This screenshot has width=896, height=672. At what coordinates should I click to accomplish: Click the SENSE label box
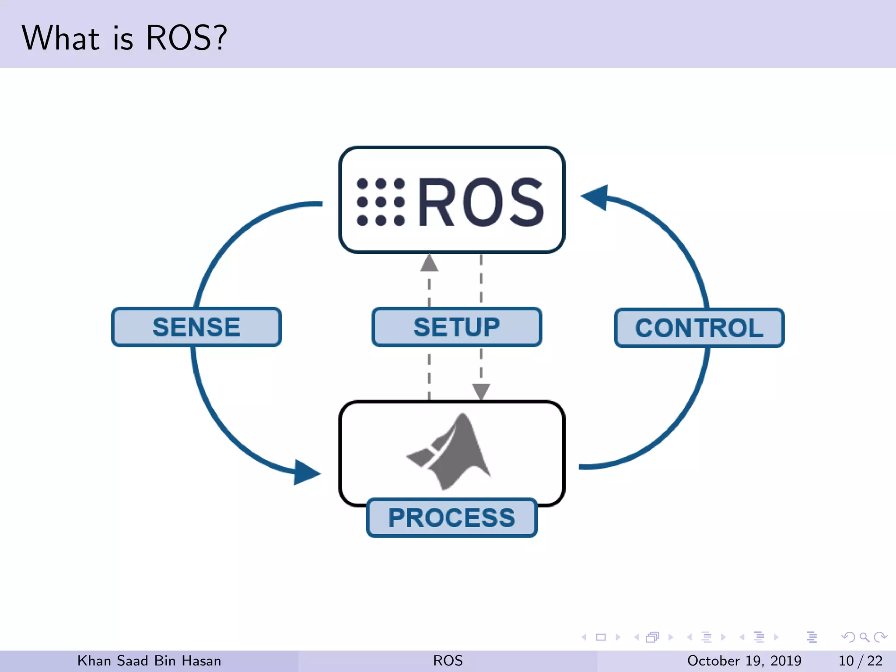(196, 327)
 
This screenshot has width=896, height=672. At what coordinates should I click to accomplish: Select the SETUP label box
(457, 327)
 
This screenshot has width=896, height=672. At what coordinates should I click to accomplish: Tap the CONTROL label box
(699, 328)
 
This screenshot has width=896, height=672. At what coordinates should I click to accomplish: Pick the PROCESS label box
(451, 518)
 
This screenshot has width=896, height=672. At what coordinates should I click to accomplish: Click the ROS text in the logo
(481, 202)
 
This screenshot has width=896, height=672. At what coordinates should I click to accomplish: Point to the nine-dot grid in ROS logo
(380, 202)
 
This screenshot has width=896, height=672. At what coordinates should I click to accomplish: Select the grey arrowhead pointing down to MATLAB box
(481, 391)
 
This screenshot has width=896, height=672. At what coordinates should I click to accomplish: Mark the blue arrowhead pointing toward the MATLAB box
(306, 472)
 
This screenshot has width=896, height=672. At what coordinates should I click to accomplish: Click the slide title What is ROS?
(124, 38)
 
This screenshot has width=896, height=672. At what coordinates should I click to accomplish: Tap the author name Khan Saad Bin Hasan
(149, 661)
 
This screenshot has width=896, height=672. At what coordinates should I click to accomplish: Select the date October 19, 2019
(744, 661)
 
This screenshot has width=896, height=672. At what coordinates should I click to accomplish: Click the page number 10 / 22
(860, 661)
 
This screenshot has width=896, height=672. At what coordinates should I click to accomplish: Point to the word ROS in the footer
(448, 661)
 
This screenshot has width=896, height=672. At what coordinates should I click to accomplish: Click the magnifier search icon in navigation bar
(864, 637)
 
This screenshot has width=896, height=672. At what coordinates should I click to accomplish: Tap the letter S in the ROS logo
(523, 202)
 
